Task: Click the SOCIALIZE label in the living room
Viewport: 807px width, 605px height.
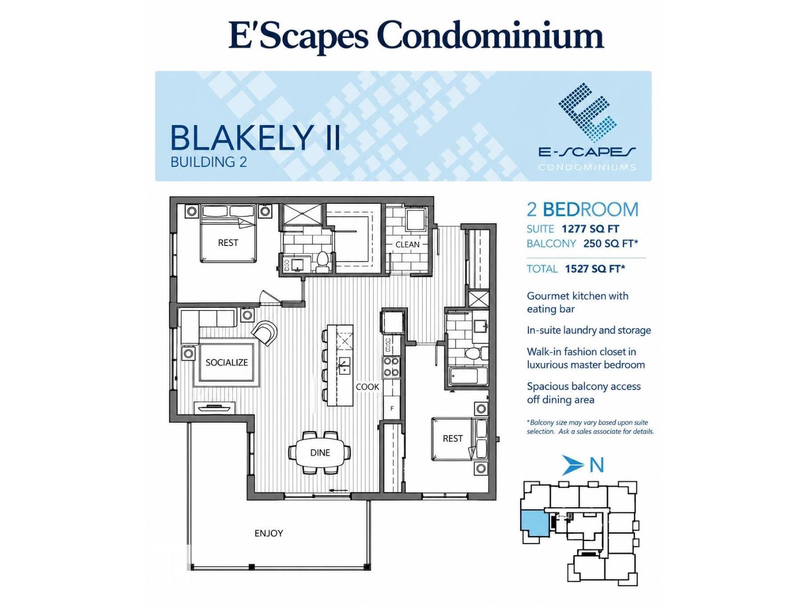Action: (226, 362)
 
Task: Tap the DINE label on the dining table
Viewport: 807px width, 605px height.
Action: (320, 453)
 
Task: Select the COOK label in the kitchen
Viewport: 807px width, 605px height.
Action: (367, 387)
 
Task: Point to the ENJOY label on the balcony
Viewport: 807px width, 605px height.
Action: (269, 533)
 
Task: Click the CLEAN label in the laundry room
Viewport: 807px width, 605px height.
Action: (408, 245)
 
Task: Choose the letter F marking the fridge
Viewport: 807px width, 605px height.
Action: (392, 408)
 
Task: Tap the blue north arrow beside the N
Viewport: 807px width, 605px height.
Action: (572, 465)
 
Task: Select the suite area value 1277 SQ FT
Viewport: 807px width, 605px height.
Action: (590, 229)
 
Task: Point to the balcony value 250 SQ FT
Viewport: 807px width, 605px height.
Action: (610, 244)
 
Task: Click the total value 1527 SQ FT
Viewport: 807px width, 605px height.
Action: (595, 269)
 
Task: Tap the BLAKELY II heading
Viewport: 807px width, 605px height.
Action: (256, 138)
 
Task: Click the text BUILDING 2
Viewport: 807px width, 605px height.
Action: (208, 162)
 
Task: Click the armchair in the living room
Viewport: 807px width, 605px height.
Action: (264, 333)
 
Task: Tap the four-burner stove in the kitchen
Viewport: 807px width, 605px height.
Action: (391, 367)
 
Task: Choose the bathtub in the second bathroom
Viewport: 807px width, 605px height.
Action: (469, 376)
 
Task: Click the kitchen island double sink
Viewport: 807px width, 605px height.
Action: (344, 365)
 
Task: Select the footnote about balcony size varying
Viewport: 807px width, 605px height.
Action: (590, 427)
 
